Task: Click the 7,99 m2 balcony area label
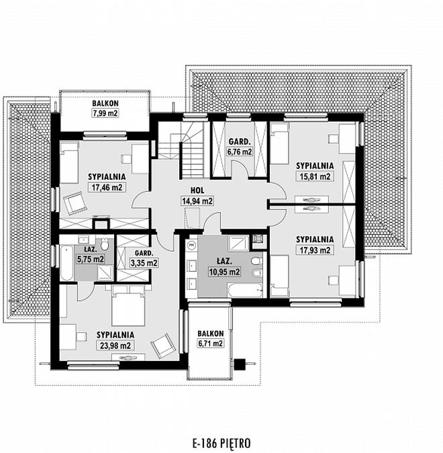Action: (x=105, y=113)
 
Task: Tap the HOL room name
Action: (x=197, y=191)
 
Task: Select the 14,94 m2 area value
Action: (x=197, y=201)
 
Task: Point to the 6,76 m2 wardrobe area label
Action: (x=239, y=152)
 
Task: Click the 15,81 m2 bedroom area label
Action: (x=315, y=177)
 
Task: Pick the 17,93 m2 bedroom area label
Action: (x=315, y=250)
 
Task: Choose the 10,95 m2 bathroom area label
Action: (x=224, y=272)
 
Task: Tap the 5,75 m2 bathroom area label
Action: (x=91, y=259)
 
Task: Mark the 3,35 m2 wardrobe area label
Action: (x=144, y=263)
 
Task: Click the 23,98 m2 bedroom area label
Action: (x=115, y=345)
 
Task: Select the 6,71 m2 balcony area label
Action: (x=210, y=344)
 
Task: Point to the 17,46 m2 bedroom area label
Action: (x=107, y=187)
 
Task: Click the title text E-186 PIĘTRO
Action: (x=222, y=443)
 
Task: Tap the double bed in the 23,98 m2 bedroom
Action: (x=128, y=305)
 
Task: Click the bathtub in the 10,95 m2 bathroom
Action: (x=245, y=291)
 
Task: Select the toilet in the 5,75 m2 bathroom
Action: (x=105, y=245)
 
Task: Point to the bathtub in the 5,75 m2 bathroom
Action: (x=66, y=263)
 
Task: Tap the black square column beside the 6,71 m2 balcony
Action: (x=240, y=364)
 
